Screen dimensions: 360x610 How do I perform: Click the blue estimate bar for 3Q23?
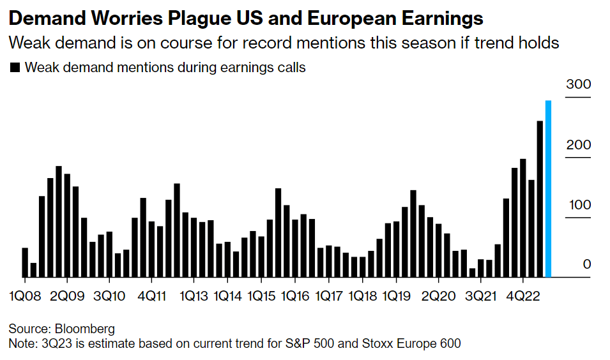point(548,189)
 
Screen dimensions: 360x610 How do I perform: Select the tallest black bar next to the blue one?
point(540,199)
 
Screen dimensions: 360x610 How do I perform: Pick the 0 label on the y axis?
point(584,264)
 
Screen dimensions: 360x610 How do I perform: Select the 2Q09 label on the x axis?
point(67,297)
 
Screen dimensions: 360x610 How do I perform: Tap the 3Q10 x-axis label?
point(109,297)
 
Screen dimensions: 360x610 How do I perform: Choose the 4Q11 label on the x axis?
point(151,297)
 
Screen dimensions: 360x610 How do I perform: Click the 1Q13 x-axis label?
point(194,297)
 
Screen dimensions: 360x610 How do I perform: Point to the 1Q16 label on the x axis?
point(295,297)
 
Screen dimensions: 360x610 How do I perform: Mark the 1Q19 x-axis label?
point(396,297)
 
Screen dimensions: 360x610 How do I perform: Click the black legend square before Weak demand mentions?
point(15,68)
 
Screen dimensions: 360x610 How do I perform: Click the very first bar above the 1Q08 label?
point(25,262)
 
